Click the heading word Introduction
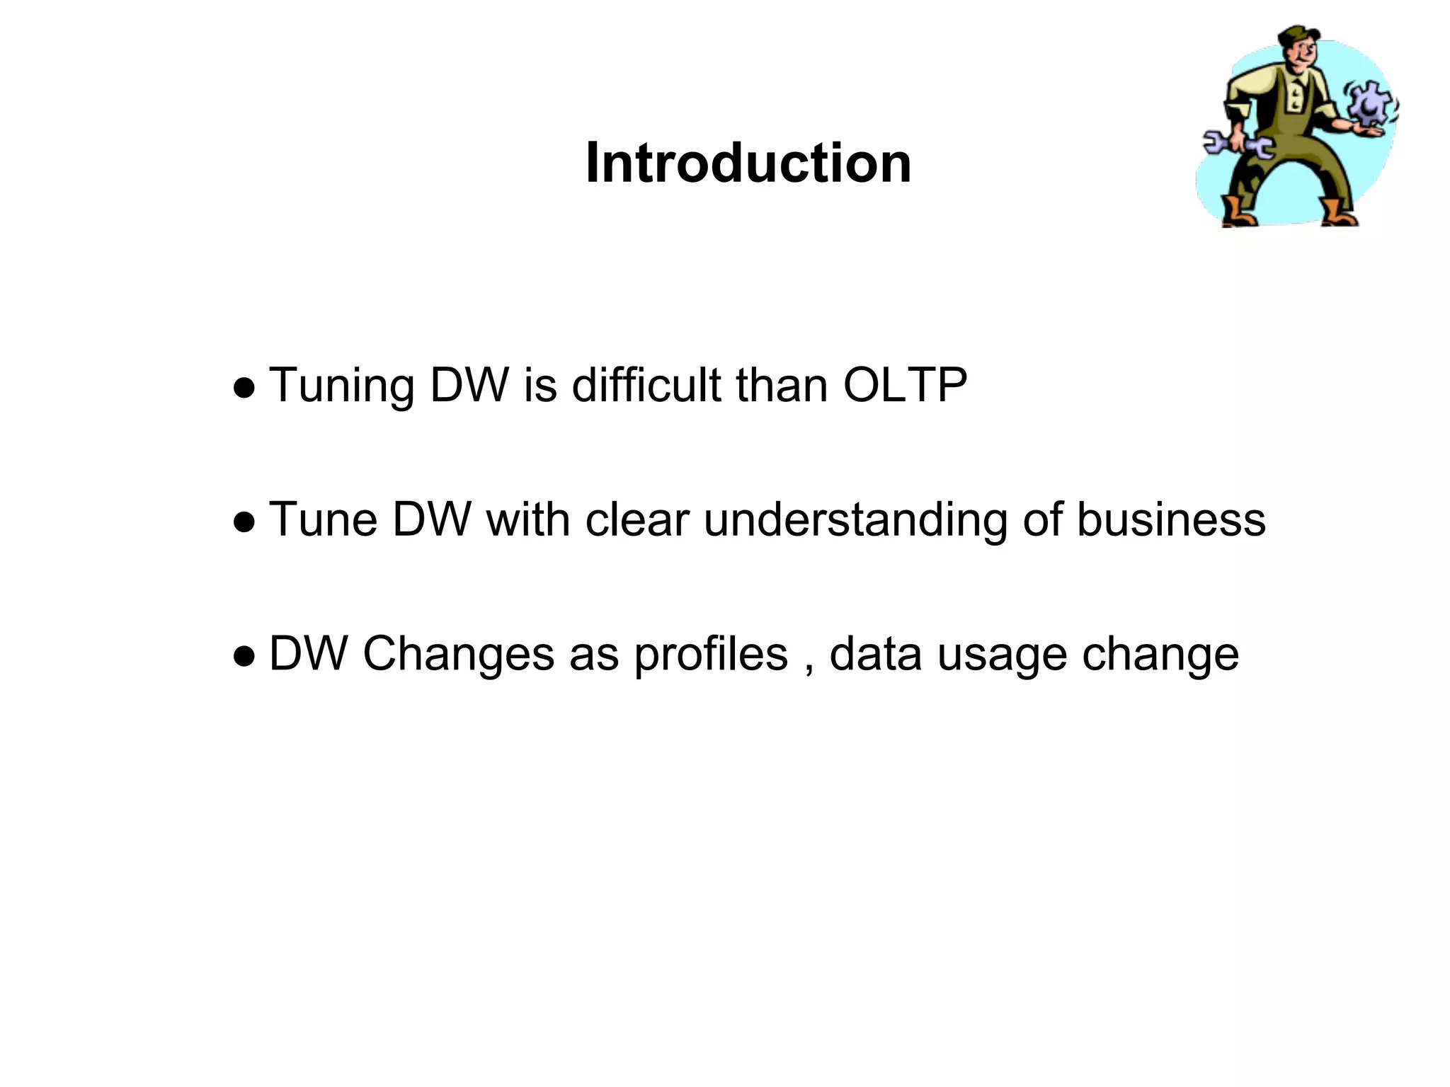pyautogui.click(x=748, y=163)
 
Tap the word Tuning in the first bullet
pyautogui.click(x=342, y=386)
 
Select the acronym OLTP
pyautogui.click(x=905, y=386)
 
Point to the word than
pyautogui.click(x=782, y=386)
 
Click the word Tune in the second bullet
pyautogui.click(x=324, y=520)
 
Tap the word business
pyautogui.click(x=1170, y=520)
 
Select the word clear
pyautogui.click(x=636, y=520)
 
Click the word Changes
pyautogui.click(x=458, y=655)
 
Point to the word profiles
pyautogui.click(x=710, y=655)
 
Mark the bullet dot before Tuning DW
pyautogui.click(x=244, y=389)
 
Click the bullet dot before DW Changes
pyautogui.click(x=244, y=657)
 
